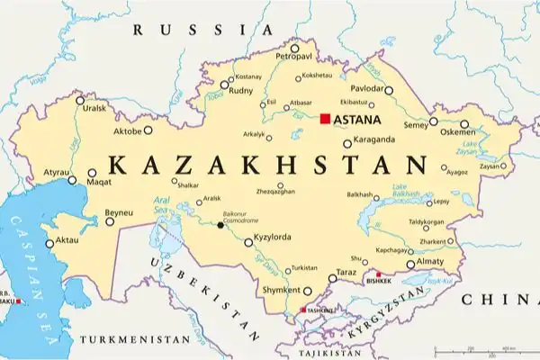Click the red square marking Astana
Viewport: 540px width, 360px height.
coord(325,118)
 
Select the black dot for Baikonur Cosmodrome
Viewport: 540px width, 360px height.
coord(220,225)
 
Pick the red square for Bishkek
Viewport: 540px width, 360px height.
coord(379,274)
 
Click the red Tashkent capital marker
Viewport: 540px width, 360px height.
coord(302,310)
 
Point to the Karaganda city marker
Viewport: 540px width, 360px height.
coord(347,143)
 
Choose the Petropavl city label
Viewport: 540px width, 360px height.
coord(293,56)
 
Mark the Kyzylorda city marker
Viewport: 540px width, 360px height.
coord(248,242)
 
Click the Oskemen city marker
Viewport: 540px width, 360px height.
coord(464,125)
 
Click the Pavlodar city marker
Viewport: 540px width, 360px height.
coord(389,90)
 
